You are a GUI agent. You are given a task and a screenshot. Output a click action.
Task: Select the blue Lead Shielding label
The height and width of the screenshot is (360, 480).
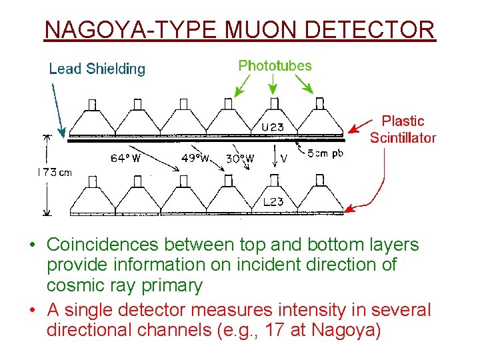point(97,69)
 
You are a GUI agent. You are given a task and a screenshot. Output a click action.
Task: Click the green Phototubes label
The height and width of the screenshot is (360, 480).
point(275,65)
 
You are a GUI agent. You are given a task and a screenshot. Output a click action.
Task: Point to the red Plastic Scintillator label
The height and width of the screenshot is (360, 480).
point(403,129)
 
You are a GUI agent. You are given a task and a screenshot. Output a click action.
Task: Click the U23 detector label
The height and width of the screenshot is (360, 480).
point(272,127)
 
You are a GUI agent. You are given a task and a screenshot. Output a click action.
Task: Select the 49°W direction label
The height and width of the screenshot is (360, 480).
point(195,159)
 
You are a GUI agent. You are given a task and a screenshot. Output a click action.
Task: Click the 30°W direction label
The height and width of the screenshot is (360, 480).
point(240,159)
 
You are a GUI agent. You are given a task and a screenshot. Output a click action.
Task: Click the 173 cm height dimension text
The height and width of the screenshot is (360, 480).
point(53,173)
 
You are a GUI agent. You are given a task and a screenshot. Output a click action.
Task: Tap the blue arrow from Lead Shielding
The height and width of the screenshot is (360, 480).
point(57,107)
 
